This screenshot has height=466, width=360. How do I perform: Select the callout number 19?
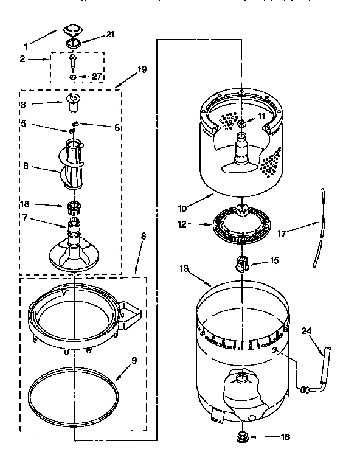[x=142, y=69]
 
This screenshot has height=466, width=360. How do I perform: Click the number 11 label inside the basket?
[x=261, y=115]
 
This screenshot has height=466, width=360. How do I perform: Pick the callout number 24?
[x=306, y=331]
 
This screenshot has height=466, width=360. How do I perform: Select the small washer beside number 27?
[x=72, y=77]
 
